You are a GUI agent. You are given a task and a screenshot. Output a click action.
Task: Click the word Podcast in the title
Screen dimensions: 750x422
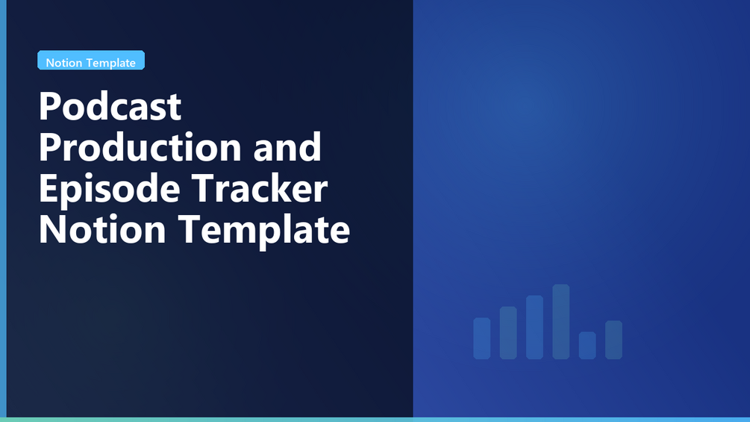(110, 106)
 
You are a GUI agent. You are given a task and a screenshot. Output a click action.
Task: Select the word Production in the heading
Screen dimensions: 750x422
(140, 147)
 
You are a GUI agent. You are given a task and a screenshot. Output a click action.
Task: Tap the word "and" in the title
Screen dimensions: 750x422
(287, 147)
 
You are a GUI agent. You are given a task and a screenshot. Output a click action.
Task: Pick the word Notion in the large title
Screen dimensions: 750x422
(102, 229)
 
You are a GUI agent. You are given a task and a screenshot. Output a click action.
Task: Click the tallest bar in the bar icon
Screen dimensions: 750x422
(561, 321)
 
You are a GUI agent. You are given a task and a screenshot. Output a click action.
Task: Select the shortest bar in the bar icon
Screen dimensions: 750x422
(587, 346)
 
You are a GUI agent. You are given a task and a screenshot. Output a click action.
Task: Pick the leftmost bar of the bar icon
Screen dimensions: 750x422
(481, 338)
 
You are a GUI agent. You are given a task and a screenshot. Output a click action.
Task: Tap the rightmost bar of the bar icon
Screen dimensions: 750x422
(613, 340)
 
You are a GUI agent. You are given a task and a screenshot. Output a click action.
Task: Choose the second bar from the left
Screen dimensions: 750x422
(508, 332)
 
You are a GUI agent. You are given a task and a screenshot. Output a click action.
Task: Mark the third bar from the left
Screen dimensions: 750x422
(535, 327)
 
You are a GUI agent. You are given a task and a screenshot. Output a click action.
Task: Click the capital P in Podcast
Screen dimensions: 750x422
(49, 106)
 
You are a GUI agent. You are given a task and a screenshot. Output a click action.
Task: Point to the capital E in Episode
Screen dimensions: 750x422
(48, 188)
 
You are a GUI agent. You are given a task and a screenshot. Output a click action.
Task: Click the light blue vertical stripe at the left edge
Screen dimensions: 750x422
(3, 208)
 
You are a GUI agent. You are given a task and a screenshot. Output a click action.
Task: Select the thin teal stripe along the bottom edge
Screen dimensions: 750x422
(375, 420)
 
